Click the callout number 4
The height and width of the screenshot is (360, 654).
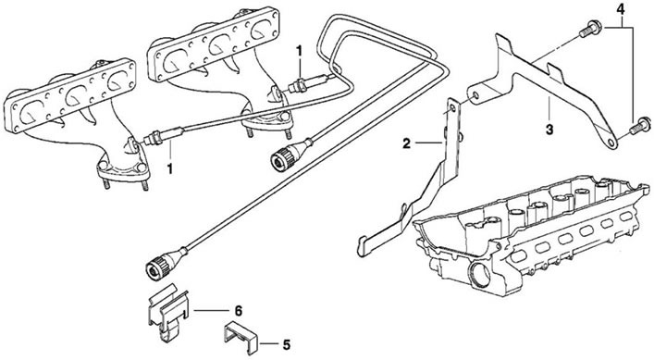pyautogui.click(x=621, y=9)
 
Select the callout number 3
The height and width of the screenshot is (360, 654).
pyautogui.click(x=549, y=129)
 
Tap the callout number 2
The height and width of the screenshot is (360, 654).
pyautogui.click(x=407, y=144)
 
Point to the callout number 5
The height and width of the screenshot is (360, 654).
pyautogui.click(x=286, y=345)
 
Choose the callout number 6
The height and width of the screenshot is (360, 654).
pyautogui.click(x=238, y=311)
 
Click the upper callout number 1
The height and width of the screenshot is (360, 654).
pyautogui.click(x=299, y=51)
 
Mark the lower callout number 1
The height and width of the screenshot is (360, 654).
pyautogui.click(x=170, y=168)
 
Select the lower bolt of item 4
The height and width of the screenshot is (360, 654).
pyautogui.click(x=638, y=126)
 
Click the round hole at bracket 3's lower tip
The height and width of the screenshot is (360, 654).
pyautogui.click(x=611, y=143)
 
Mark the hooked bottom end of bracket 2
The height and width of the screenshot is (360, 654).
pyautogui.click(x=362, y=246)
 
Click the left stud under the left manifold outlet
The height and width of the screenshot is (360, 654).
pyautogui.click(x=106, y=184)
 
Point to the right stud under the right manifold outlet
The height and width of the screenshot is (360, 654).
pyautogui.click(x=288, y=134)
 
